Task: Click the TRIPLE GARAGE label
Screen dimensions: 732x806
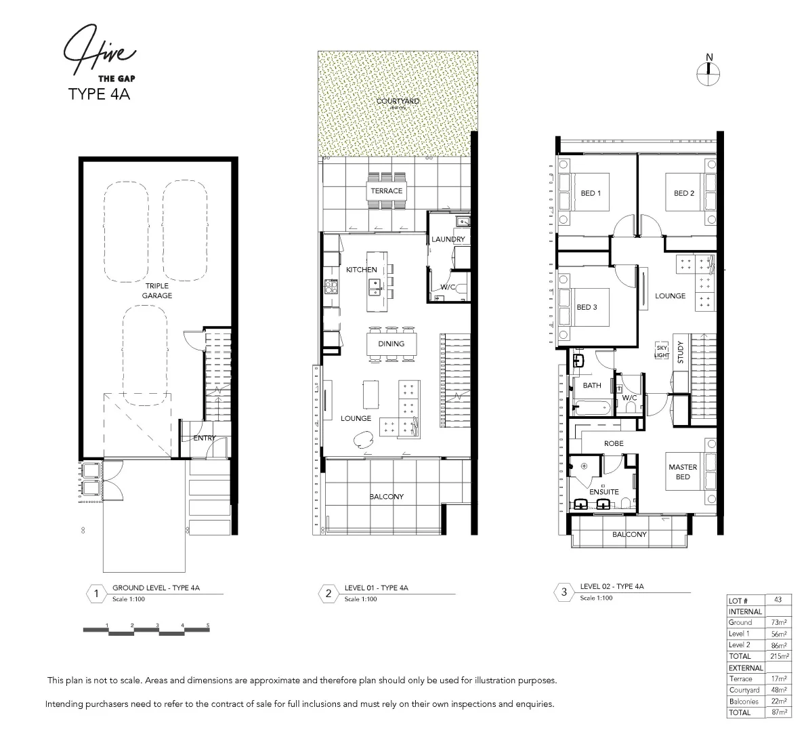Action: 156,291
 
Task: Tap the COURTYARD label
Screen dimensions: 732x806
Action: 398,102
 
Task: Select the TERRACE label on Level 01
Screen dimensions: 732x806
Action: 386,191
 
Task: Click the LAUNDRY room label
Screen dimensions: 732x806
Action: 448,239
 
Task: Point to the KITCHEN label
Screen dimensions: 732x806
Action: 361,270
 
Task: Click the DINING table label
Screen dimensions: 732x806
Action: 391,344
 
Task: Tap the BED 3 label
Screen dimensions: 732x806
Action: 587,307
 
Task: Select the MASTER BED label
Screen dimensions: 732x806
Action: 683,472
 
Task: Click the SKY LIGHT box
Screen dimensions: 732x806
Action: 661,351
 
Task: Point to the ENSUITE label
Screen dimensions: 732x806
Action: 603,492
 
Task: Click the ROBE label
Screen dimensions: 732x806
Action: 614,443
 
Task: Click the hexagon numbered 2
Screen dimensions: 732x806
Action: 328,594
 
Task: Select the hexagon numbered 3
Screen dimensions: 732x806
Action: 564,593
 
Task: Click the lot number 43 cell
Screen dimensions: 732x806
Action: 778,601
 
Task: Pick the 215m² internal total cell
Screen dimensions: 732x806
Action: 778,656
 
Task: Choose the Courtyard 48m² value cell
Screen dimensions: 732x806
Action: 778,690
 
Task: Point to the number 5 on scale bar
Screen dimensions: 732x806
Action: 208,625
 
